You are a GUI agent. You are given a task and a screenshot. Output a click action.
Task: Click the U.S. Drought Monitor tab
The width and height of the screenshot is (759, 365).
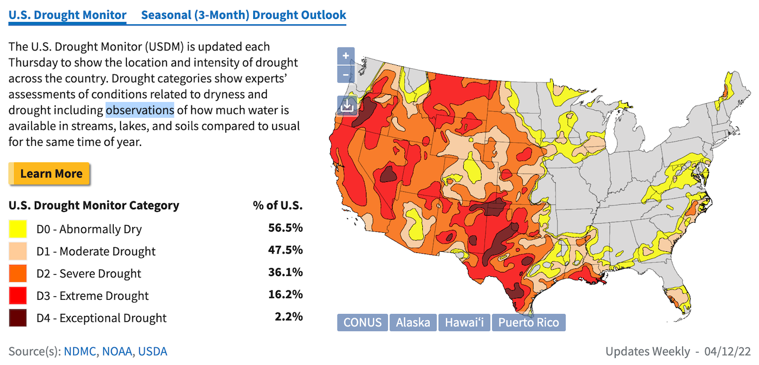[68, 15]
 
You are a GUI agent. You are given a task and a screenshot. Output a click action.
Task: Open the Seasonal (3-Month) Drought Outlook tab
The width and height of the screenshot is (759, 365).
[243, 15]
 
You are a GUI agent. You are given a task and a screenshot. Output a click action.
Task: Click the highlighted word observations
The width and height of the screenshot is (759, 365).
[140, 110]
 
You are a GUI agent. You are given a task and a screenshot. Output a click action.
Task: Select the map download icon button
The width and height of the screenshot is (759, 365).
[347, 106]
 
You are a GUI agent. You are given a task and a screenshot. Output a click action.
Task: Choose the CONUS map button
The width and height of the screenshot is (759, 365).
[362, 322]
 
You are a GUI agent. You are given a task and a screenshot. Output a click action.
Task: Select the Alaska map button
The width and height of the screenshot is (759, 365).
[413, 322]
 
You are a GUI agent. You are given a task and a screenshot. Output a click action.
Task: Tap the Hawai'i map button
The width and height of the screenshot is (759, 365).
[465, 322]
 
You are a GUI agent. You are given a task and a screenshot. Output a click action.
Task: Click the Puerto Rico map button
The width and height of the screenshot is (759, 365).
[529, 322]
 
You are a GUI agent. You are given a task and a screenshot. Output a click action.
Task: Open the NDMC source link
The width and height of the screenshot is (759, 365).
[82, 351]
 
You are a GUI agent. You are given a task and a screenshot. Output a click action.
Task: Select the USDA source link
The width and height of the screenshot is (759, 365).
[152, 351]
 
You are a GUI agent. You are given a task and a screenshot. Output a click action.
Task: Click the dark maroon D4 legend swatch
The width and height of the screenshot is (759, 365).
[18, 318]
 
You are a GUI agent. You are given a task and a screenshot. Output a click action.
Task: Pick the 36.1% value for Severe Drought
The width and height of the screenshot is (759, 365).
[286, 273]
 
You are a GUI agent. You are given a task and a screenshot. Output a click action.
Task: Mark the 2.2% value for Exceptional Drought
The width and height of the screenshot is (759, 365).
[289, 317]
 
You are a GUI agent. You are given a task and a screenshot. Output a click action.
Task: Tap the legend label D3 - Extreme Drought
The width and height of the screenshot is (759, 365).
[93, 296]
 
